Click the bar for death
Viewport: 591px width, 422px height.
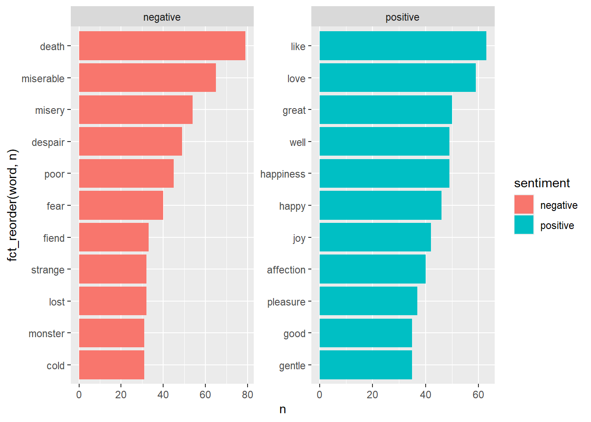coord(162,46)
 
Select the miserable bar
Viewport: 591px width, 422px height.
coord(147,78)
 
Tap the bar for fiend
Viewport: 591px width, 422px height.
coord(113,237)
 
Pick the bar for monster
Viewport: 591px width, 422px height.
coord(111,333)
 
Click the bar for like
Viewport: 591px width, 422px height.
coord(403,46)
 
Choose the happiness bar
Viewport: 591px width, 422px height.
coord(384,174)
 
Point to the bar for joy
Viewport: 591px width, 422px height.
coord(375,237)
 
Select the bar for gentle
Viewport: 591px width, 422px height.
coord(365,365)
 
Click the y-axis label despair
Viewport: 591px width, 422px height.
coord(48,142)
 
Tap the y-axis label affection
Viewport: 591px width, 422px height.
coord(286,270)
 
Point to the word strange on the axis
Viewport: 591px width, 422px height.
coord(47,270)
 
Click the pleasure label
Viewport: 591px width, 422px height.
coord(286,302)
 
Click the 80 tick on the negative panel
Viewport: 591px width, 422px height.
coord(248,395)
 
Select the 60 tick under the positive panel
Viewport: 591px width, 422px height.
coord(478,395)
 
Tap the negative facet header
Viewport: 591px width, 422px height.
coord(162,17)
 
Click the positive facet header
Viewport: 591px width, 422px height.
coord(402,17)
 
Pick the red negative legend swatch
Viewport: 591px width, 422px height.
coord(524,205)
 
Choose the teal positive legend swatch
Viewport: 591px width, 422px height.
coord(524,225)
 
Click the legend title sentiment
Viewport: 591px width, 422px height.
coord(542,183)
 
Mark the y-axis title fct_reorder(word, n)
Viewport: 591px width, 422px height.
coord(13,205)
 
